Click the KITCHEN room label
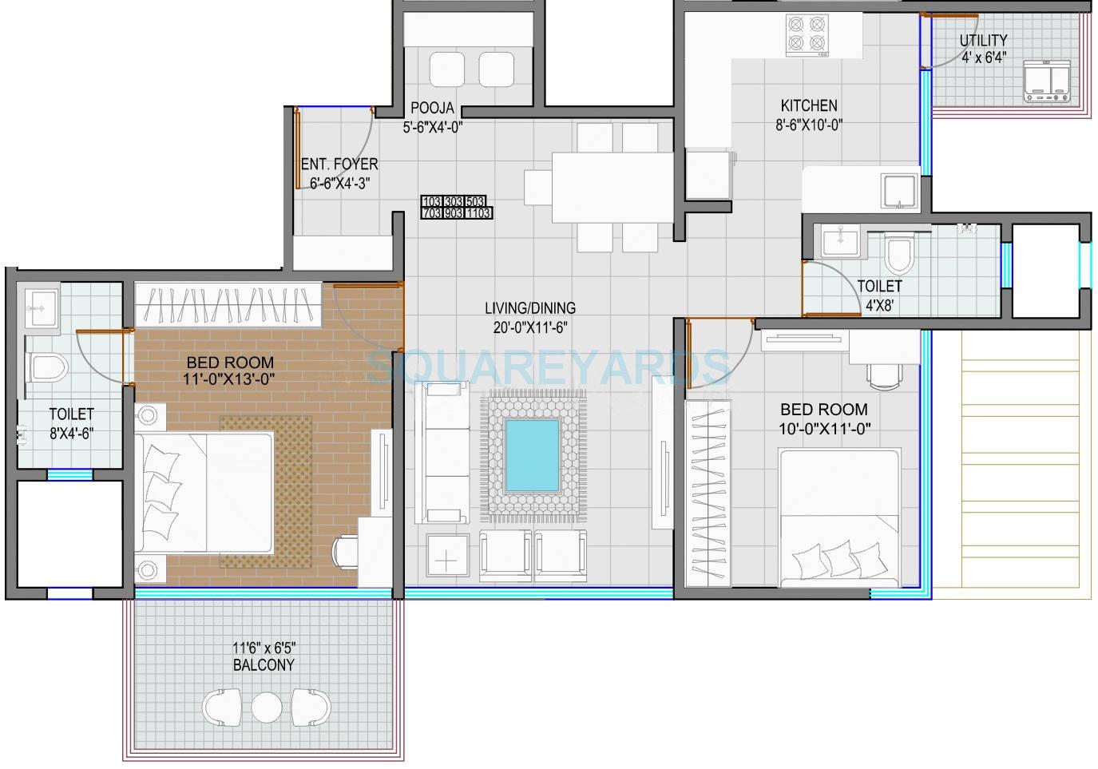[809, 105]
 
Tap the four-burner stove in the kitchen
[807, 34]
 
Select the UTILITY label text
[983, 40]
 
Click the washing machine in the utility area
[1046, 82]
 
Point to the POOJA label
[432, 108]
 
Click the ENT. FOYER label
[339, 165]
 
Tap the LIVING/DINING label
[530, 307]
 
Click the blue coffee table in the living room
[531, 456]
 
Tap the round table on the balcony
[266, 707]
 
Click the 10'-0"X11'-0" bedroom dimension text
[824, 429]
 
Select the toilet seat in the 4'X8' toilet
[899, 256]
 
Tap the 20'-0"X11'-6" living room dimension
[530, 326]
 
